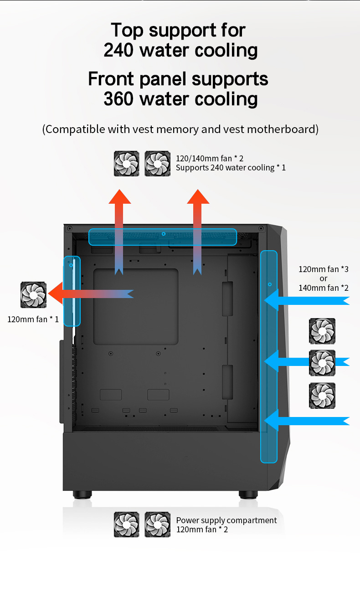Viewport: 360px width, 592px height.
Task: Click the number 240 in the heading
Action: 119,50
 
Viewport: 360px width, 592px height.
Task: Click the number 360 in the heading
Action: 119,99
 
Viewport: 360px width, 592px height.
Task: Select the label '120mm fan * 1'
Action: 33,319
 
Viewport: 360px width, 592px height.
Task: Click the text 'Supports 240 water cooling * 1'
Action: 231,168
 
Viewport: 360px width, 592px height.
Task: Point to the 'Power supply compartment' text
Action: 226,520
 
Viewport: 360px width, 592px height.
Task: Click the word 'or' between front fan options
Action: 324,278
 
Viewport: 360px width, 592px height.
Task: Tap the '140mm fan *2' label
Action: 324,288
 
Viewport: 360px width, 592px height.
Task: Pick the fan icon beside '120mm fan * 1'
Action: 34,295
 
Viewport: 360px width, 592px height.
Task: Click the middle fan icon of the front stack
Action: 322,363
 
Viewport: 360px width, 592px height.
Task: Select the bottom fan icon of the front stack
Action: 322,396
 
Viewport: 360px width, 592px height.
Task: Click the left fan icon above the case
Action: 127,164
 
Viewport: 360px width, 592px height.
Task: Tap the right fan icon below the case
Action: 158,525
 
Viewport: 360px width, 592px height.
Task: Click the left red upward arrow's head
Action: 120,196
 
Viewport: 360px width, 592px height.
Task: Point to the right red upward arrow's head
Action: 198,196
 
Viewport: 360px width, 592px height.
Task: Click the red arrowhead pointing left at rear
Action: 56,293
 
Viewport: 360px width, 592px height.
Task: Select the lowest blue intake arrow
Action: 307,421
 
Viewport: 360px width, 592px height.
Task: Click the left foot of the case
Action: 82,494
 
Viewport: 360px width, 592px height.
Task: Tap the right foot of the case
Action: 248,494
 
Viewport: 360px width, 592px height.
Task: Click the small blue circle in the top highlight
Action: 164,234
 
